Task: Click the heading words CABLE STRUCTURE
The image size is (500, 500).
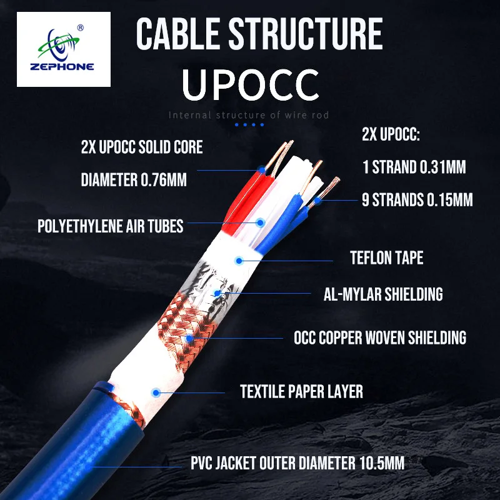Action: tap(259, 35)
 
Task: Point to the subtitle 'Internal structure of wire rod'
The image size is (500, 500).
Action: tap(249, 115)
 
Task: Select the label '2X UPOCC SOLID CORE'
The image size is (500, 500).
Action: tap(142, 148)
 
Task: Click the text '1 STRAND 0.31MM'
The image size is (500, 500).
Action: tap(414, 167)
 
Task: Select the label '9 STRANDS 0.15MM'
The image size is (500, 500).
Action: tap(417, 201)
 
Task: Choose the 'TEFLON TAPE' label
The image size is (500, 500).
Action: tap(386, 257)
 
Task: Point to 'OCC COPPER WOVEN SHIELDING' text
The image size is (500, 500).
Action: tap(380, 338)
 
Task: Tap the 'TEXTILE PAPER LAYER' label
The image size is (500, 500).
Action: tap(302, 392)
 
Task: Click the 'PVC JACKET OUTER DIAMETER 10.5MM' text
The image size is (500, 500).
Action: tap(297, 463)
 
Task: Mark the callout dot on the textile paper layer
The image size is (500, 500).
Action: tap(153, 392)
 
